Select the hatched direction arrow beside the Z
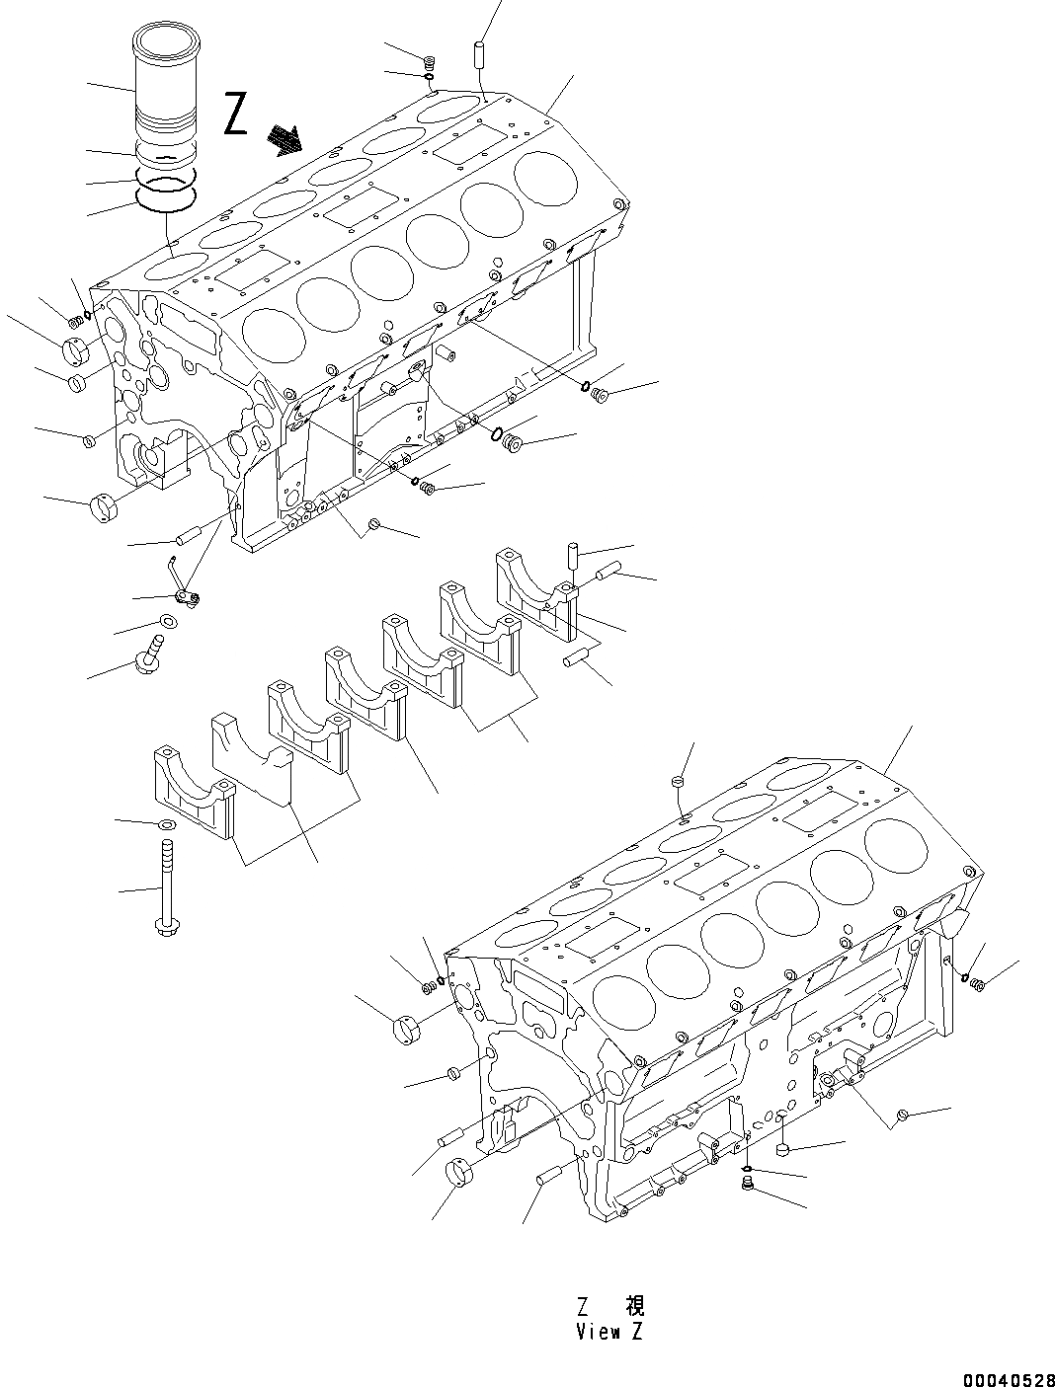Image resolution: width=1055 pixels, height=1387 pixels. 287,140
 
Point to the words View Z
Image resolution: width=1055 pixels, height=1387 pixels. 609,1332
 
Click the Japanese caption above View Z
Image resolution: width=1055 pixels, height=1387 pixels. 609,1307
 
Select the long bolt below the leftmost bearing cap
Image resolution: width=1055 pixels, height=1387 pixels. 165,885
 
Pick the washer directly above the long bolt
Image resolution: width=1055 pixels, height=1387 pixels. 165,823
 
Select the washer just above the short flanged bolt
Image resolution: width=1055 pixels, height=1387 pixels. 168,622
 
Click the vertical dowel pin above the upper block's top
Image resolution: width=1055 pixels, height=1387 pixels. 481,53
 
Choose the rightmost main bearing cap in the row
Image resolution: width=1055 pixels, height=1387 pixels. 535,588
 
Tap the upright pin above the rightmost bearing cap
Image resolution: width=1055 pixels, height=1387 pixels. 571,556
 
